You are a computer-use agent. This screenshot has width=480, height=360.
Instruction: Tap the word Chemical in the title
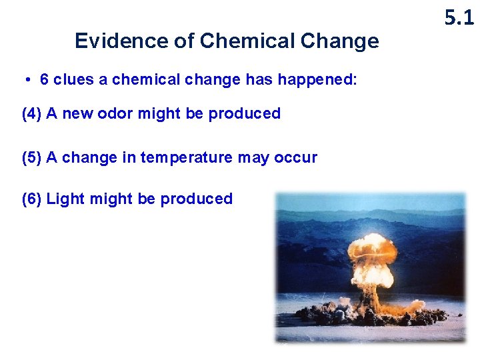coord(247,41)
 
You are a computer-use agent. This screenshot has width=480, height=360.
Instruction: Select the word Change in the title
coord(340,41)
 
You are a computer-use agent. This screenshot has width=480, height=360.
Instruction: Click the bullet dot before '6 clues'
coord(29,80)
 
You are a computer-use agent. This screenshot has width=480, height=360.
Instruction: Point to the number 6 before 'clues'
coord(45,80)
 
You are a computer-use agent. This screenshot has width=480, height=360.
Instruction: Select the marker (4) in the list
coord(32,113)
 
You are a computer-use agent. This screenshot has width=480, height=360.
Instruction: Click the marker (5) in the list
coord(32,158)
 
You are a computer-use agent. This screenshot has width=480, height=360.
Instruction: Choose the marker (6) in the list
coord(32,199)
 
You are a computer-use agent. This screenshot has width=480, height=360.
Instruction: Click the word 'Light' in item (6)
coord(62,199)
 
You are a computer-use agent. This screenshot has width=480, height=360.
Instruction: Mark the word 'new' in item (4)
coord(78,113)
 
